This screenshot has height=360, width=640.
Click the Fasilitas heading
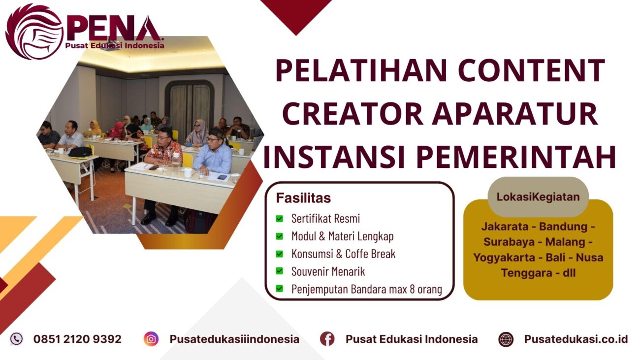pyautogui.click(x=303, y=198)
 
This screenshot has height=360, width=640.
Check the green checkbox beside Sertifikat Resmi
pyautogui.click(x=280, y=218)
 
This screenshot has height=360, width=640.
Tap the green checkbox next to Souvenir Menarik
pyautogui.click(x=280, y=271)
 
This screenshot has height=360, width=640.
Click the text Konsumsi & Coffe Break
pyautogui.click(x=343, y=254)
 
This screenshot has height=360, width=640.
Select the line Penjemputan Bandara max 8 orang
pyautogui.click(x=366, y=289)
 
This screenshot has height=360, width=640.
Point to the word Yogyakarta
pyautogui.click(x=506, y=257)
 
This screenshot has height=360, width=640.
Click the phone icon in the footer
pyautogui.click(x=16, y=339)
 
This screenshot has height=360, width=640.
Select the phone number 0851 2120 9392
pyautogui.click(x=77, y=339)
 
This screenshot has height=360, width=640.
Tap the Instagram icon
pyautogui.click(x=151, y=339)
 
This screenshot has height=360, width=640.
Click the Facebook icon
pyautogui.click(x=327, y=339)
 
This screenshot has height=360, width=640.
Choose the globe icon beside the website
pyautogui.click(x=506, y=339)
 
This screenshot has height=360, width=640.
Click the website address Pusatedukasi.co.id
pyautogui.click(x=576, y=339)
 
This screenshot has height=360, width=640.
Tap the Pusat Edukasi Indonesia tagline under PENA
pyautogui.click(x=114, y=46)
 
